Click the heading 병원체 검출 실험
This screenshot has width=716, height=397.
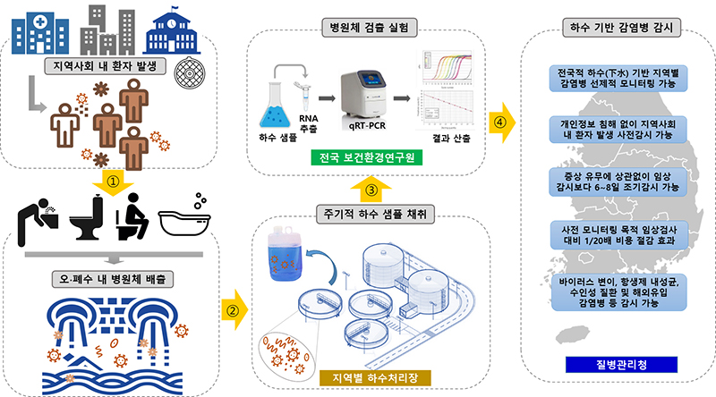(368, 27)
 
